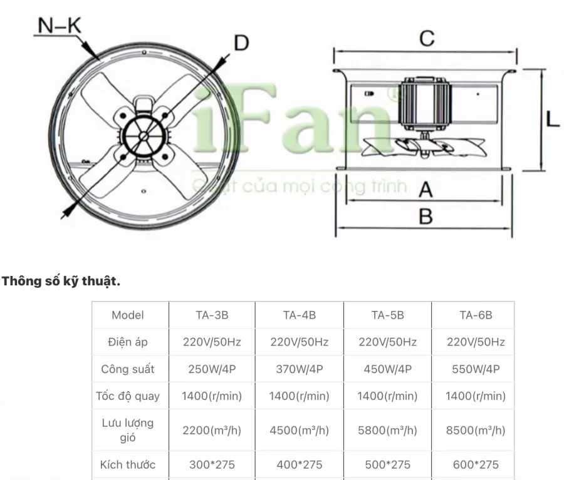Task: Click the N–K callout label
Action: (60, 26)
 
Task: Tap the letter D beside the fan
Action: (241, 43)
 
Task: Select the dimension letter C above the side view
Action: (427, 38)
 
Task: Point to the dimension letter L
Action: (553, 119)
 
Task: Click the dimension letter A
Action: (426, 190)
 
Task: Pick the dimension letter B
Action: (426, 217)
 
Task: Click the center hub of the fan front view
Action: (144, 136)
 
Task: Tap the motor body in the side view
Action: (424, 104)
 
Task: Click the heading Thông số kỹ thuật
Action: (61, 282)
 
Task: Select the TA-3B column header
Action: (212, 315)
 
